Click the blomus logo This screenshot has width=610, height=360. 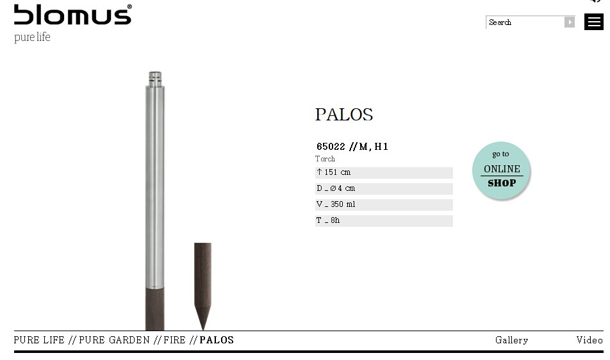(73, 14)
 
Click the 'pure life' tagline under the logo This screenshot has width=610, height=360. (32, 37)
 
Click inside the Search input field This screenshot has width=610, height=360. (525, 22)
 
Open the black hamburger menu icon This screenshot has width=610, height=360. (593, 22)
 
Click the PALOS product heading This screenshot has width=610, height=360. (344, 115)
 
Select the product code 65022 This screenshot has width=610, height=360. (331, 147)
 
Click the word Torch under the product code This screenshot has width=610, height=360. (325, 159)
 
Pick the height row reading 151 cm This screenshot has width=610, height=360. (384, 172)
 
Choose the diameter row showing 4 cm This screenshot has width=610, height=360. (384, 188)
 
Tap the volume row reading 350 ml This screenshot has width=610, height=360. (384, 204)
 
